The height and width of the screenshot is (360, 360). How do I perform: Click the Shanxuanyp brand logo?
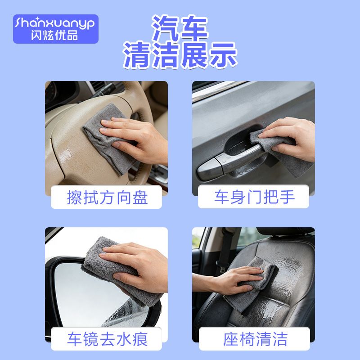pyautogui.click(x=55, y=29)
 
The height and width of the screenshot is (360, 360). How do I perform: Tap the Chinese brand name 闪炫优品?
pyautogui.click(x=54, y=36)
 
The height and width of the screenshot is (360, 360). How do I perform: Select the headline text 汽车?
pyautogui.click(x=180, y=28)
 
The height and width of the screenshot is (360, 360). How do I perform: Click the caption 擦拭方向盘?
pyautogui.click(x=107, y=198)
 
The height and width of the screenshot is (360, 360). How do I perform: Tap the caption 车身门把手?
pyautogui.click(x=254, y=197)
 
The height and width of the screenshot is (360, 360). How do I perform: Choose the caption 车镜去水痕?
pyautogui.click(x=107, y=339)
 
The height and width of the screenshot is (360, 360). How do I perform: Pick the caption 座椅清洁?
pyautogui.click(x=255, y=339)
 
